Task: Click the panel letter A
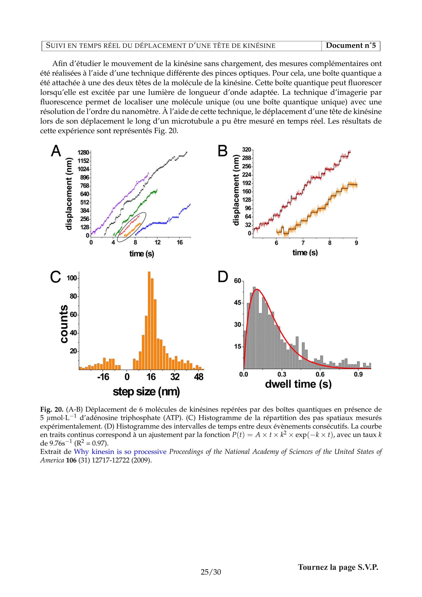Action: [56, 151]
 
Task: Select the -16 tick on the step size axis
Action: [103, 377]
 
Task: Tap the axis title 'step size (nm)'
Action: [146, 392]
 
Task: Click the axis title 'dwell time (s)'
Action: [298, 384]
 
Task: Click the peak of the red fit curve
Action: [257, 289]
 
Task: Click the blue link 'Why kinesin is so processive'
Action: [120, 452]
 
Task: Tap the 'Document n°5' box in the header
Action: [351, 46]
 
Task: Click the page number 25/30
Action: [211, 572]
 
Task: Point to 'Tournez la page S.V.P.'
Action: [338, 567]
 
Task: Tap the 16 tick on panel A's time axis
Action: [180, 243]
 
